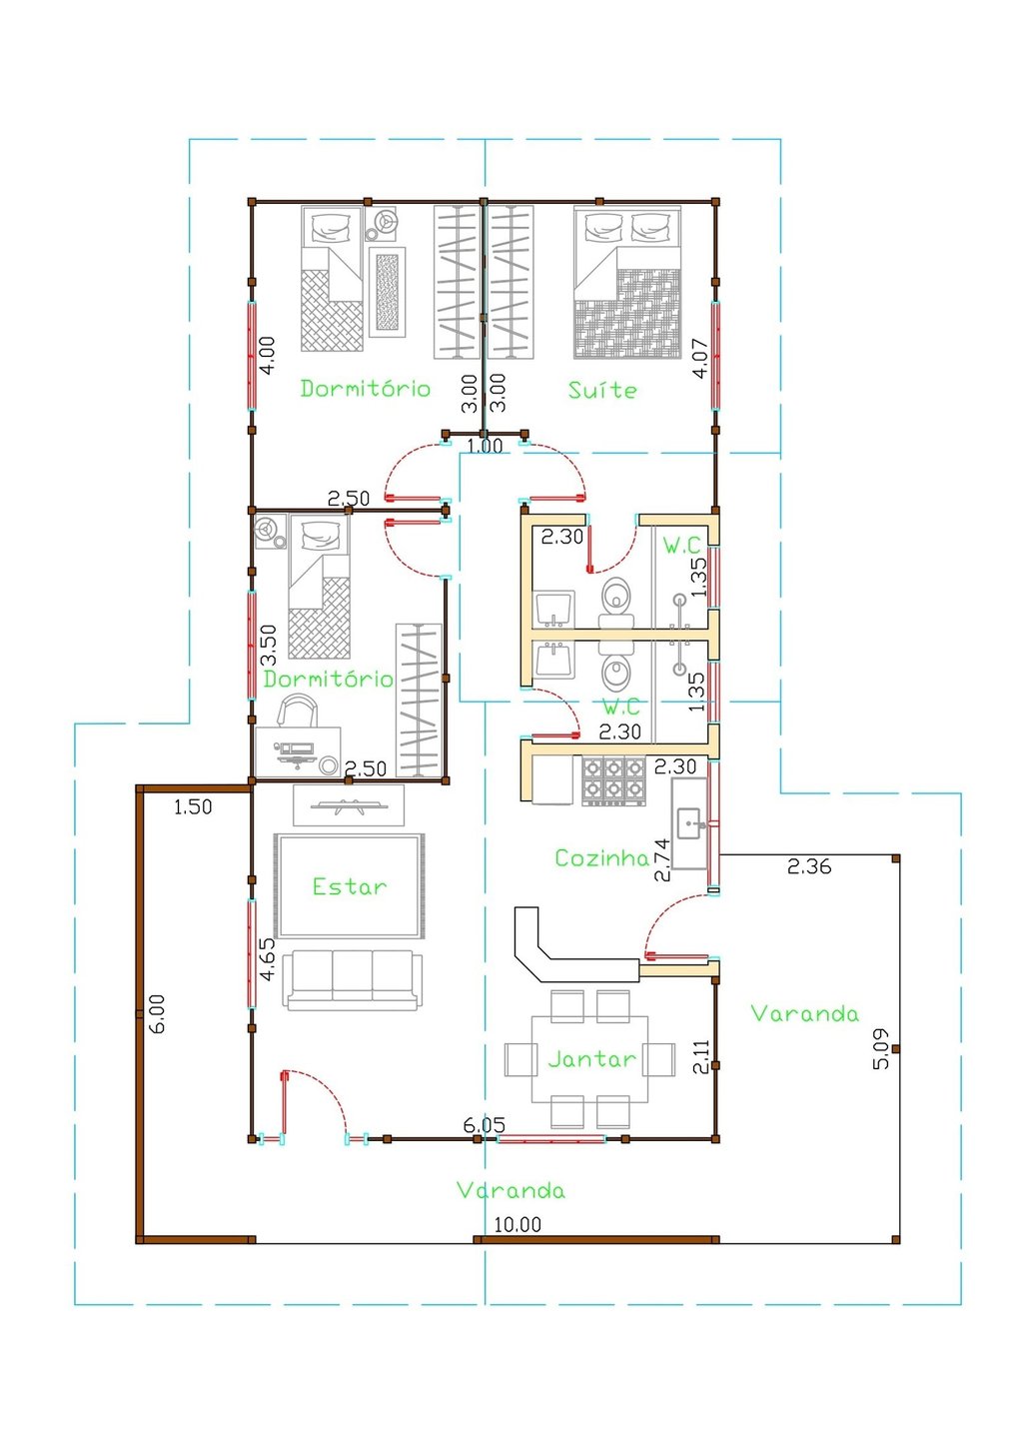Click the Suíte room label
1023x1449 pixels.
point(602,390)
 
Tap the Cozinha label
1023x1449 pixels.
point(602,857)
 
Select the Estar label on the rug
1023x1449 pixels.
point(350,886)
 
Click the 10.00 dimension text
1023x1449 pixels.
point(517,1224)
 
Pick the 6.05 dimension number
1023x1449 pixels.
point(484,1125)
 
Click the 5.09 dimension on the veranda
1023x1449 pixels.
point(881,1048)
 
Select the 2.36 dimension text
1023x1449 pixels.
point(809,866)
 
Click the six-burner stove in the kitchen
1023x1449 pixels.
point(613,780)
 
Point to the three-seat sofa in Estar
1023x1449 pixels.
point(353,980)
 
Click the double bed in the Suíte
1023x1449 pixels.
point(627,282)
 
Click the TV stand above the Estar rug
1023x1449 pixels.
point(349,805)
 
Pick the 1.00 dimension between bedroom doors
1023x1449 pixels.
point(485,446)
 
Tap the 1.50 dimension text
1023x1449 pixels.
point(193,807)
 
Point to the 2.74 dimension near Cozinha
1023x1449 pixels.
point(662,860)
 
